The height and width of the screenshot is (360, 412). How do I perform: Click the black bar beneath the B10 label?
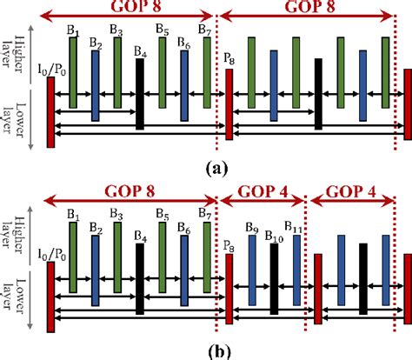[274, 279]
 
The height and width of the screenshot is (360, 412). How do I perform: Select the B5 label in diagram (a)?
[162, 31]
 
